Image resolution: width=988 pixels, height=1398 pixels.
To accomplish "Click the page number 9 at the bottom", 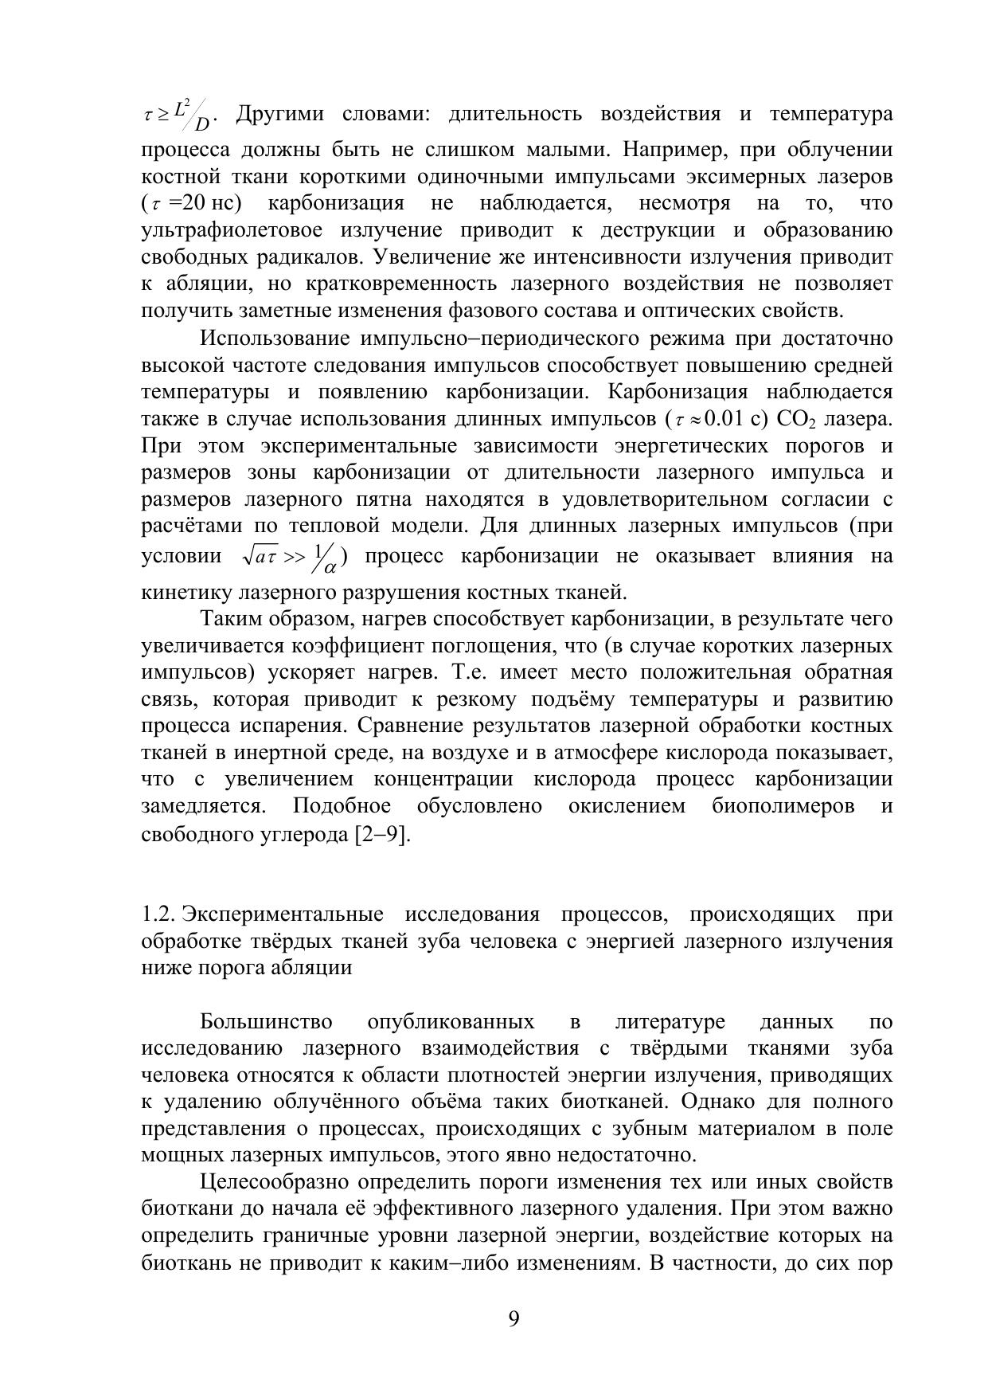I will (514, 1320).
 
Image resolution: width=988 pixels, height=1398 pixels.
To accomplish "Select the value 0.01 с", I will (728, 419).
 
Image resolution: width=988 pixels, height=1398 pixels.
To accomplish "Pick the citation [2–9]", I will (381, 835).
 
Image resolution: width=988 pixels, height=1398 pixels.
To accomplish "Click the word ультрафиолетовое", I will (232, 231).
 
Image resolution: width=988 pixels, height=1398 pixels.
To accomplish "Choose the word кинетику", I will (182, 593).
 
